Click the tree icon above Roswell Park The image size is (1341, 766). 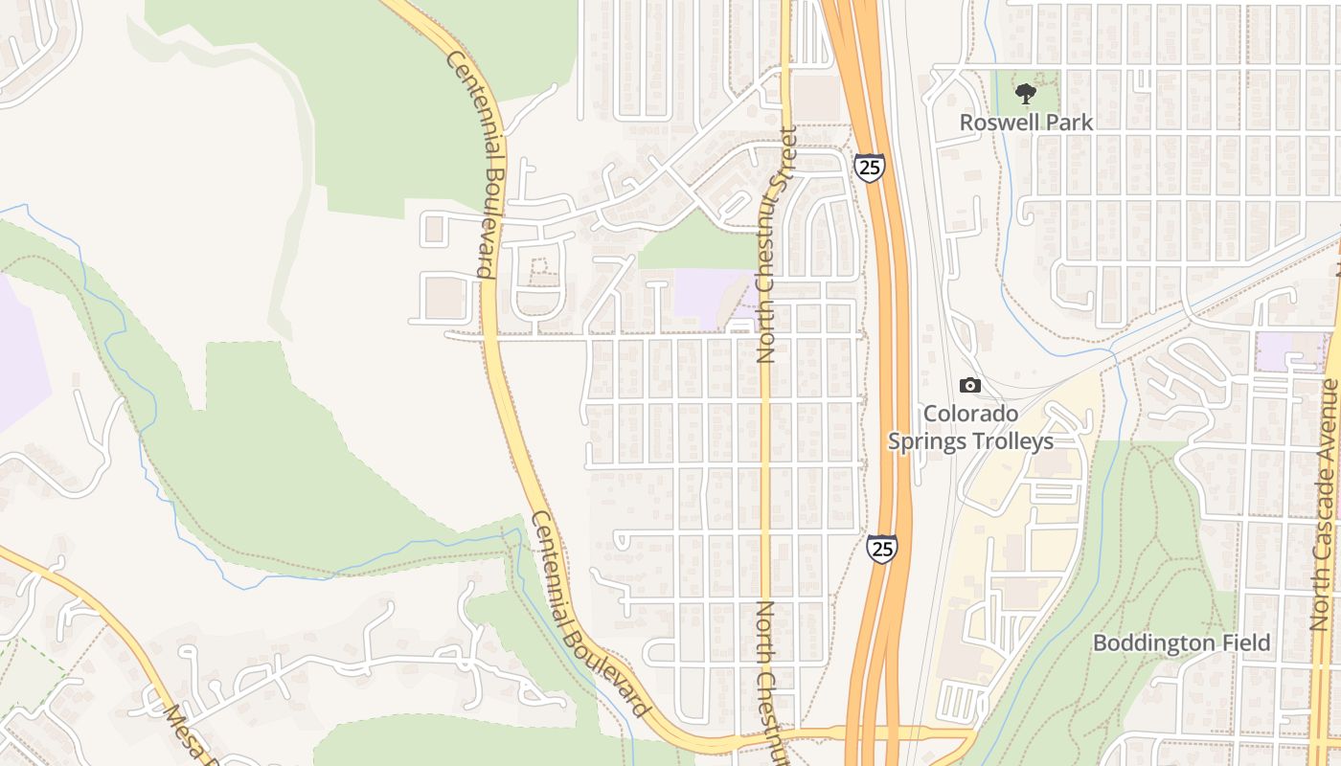[x=1026, y=94]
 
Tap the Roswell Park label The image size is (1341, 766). [x=1026, y=123]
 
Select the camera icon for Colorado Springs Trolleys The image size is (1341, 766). [x=970, y=385]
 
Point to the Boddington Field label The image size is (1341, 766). [x=1181, y=642]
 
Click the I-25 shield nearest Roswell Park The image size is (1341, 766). [x=870, y=169]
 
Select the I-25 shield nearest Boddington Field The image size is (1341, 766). [x=882, y=549]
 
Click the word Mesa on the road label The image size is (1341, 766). [x=178, y=728]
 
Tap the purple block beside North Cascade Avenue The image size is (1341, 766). [x=1288, y=351]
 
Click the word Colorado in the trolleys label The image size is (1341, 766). [x=970, y=415]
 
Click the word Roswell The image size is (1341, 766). [x=996, y=123]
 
